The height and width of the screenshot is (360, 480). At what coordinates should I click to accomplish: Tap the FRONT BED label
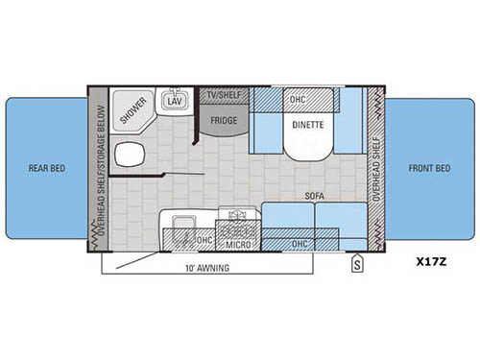click(429, 168)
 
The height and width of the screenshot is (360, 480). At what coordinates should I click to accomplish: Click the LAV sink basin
click(174, 101)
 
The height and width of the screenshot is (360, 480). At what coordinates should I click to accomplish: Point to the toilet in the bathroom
click(126, 155)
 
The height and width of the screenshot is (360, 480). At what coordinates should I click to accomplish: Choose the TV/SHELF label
click(223, 93)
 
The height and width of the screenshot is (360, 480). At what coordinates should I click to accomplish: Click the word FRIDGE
click(224, 122)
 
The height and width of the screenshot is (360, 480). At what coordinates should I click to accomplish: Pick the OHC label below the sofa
click(300, 244)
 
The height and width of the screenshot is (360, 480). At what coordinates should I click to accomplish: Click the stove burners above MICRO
click(237, 228)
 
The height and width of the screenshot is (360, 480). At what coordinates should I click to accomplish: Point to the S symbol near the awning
click(357, 261)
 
